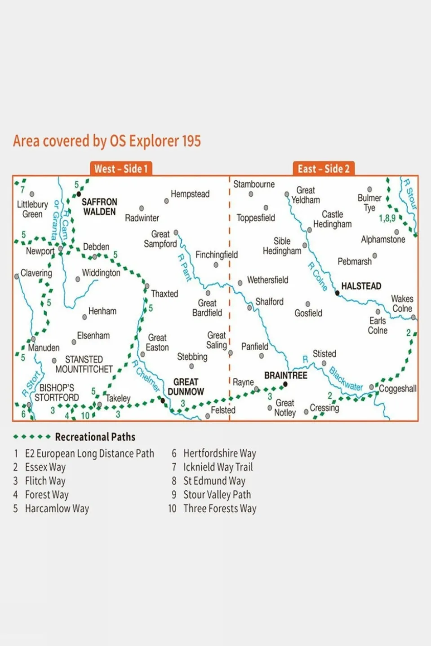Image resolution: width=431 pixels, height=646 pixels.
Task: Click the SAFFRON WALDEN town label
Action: coord(99,207)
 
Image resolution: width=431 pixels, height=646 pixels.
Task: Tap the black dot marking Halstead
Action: coord(338,293)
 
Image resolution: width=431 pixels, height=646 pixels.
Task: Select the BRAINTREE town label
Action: coord(285,375)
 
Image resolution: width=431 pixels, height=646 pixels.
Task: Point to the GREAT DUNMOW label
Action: coord(186,387)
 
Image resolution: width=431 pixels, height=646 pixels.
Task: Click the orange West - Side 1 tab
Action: coord(120,169)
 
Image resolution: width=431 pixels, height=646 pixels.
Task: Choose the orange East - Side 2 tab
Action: coord(323,169)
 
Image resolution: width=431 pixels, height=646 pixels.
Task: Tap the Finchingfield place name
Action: coord(217,255)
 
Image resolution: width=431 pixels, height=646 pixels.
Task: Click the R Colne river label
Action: coord(318,277)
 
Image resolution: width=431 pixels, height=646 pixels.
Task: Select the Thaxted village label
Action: coord(164,294)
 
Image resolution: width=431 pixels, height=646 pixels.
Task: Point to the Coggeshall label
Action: coord(398,389)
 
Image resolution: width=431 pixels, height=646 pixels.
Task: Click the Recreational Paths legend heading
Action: coord(95,437)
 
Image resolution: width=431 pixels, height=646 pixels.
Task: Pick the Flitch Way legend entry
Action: coord(45,481)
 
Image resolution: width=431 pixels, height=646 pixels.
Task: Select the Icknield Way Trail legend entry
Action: coord(218,467)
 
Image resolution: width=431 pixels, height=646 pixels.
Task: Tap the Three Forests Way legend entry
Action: coord(220,509)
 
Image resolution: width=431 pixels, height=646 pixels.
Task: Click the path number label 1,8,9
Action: coord(387,219)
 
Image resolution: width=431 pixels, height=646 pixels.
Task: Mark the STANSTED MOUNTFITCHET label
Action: coord(84,365)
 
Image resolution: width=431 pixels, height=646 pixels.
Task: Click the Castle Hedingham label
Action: coord(333,220)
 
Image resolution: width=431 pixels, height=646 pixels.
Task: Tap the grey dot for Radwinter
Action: coord(142,208)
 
